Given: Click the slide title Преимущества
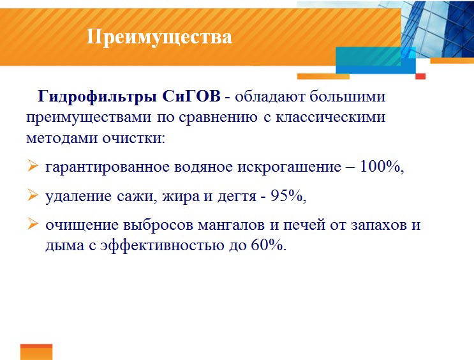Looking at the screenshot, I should (x=159, y=37).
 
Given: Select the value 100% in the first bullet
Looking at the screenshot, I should (x=381, y=167).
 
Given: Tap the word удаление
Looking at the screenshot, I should (x=77, y=197).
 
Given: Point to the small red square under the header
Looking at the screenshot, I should (x=420, y=76).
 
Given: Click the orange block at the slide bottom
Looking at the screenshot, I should (x=36, y=352).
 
